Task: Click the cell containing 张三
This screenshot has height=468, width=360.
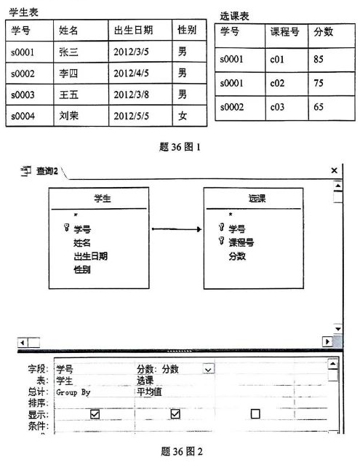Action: pos(69,52)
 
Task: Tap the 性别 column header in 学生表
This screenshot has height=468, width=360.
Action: pos(187,30)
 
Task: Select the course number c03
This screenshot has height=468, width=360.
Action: pos(276,107)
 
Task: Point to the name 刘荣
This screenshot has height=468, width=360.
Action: pos(69,116)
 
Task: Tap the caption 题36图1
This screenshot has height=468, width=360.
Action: pos(179,146)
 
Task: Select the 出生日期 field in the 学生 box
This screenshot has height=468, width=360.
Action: pos(90,255)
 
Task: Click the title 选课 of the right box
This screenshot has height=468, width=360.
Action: pos(248,199)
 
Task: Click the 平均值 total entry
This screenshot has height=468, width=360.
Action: pos(151,392)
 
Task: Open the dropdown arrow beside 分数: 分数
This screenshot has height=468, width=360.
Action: pos(209,369)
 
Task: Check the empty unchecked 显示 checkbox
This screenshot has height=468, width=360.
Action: pos(255,413)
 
